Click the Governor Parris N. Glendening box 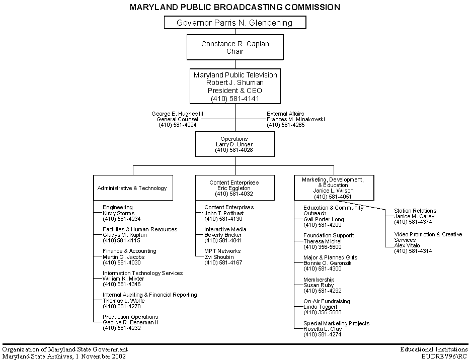[235, 23]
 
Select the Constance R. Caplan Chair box [235, 47]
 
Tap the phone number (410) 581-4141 [235, 98]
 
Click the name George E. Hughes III [177, 114]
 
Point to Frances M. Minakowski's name [296, 119]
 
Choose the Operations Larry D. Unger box [235, 144]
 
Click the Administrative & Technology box [133, 188]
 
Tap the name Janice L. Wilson [333, 191]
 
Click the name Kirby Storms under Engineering [118, 213]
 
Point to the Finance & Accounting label [129, 251]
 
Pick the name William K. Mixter [123, 279]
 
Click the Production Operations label [130, 317]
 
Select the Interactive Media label [225, 229]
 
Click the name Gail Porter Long [324, 219]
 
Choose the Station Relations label [415, 211]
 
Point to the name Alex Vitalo [407, 245]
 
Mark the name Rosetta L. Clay [323, 329]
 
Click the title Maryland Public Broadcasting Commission [234, 7]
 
